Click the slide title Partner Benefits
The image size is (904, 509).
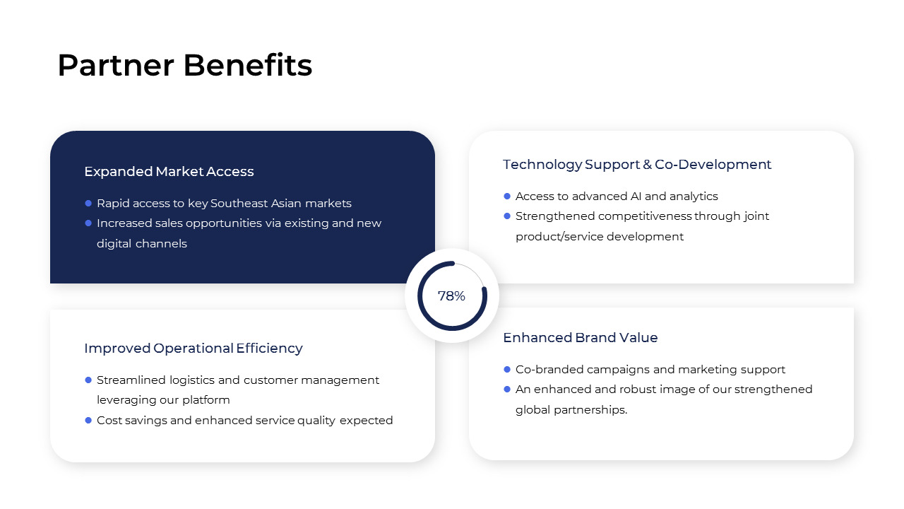[184, 66]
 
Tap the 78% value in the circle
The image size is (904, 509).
[451, 296]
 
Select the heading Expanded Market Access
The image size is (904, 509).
[169, 172]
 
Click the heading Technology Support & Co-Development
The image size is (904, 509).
[636, 165]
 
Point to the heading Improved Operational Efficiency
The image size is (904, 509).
[193, 349]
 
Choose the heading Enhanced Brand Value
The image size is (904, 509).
[580, 338]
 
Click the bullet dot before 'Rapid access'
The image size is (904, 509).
[88, 204]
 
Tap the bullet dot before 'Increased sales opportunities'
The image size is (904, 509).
[88, 223]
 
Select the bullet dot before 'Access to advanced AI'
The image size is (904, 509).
[507, 197]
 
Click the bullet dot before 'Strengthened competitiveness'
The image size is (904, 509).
[507, 216]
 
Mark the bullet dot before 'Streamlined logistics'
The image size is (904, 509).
[88, 380]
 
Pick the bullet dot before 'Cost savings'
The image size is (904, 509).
[88, 421]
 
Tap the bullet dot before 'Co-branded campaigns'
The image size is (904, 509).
[507, 370]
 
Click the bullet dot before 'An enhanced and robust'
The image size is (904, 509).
[507, 390]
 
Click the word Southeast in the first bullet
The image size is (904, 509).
[240, 204]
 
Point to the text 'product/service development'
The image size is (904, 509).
[599, 237]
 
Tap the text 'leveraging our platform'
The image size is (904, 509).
[163, 400]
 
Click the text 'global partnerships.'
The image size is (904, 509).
[571, 410]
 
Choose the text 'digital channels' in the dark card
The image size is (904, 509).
[141, 244]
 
